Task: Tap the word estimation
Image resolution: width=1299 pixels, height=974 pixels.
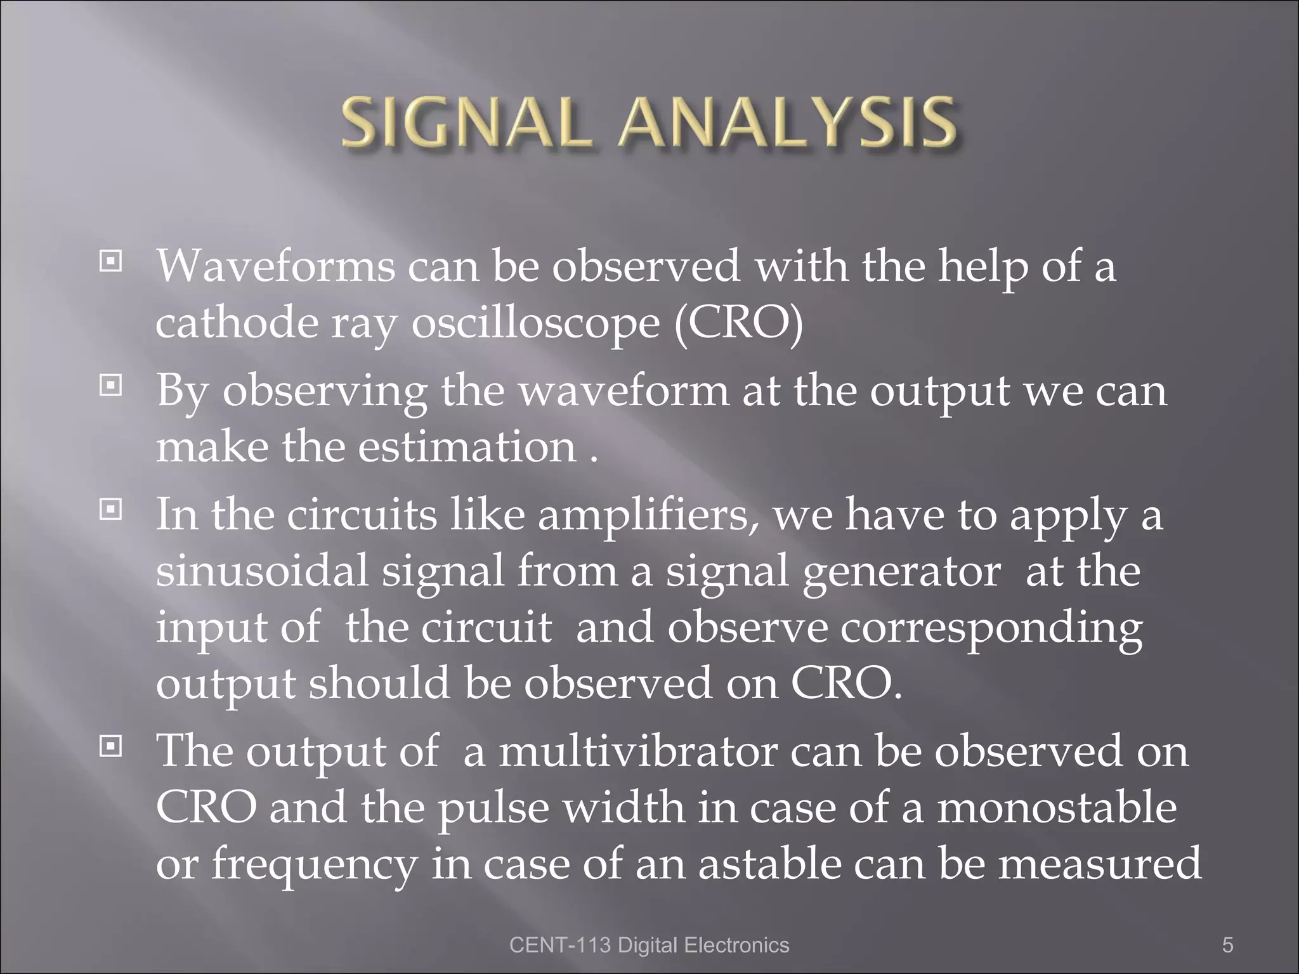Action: click(467, 447)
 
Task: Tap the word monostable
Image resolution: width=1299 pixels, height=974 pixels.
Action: click(1057, 808)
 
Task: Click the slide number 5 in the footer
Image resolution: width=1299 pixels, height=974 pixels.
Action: click(1227, 945)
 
